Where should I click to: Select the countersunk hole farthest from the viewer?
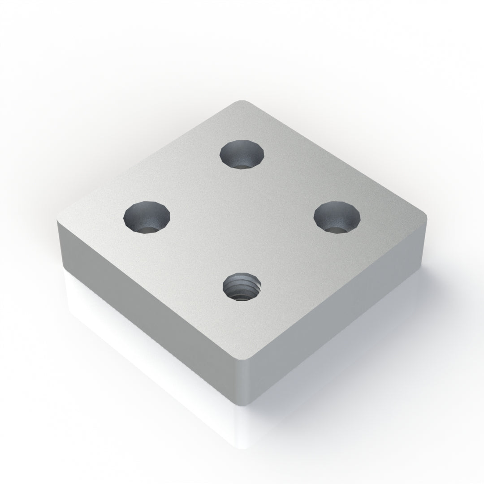[242, 154]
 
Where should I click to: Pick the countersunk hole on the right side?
[337, 216]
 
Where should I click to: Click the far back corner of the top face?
[242, 101]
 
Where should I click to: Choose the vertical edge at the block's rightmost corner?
[424, 242]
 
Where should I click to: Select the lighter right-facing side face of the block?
[341, 314]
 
